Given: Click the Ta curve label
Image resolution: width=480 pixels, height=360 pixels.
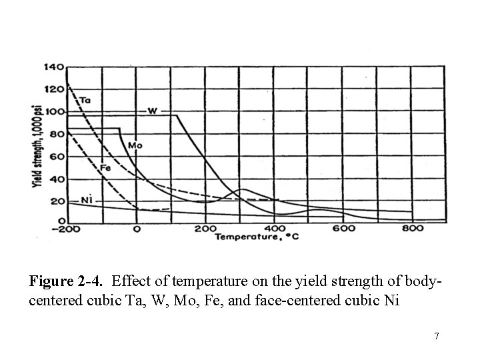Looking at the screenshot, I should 85,101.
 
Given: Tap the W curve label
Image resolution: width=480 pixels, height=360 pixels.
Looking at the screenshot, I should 152,110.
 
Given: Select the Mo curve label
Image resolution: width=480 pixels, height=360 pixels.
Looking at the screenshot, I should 135,145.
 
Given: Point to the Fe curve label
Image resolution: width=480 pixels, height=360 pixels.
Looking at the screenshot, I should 105,168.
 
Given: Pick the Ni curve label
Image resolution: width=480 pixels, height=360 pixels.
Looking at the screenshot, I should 86,199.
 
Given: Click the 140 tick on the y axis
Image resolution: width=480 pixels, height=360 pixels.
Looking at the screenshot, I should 54,67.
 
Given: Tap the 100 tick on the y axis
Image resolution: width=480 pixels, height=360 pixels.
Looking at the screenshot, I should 54,111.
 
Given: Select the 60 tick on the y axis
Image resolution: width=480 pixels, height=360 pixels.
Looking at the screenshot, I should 57,157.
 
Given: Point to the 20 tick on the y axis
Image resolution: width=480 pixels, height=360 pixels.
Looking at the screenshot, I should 57,201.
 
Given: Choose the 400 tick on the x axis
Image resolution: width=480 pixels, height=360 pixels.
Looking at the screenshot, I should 274,229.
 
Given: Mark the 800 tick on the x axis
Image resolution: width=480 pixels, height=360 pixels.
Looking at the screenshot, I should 413,229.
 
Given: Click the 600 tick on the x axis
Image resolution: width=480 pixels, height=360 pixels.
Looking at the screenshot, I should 343,229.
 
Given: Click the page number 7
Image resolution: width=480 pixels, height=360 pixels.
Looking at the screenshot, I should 436,335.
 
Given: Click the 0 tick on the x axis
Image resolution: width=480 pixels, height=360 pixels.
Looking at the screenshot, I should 137,229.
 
